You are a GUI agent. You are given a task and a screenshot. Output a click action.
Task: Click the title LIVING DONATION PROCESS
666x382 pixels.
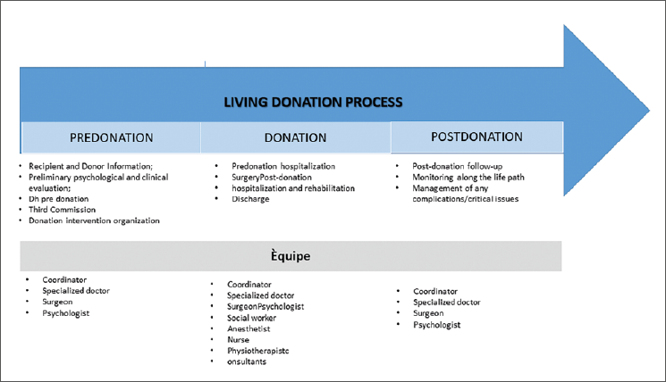[313, 102]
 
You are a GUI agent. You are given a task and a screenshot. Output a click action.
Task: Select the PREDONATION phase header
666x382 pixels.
[111, 137]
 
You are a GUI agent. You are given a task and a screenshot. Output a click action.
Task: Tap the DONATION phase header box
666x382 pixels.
[296, 137]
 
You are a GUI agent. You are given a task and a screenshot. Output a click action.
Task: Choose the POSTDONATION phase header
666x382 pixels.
[477, 137]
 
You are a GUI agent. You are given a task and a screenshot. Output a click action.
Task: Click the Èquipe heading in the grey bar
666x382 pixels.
[291, 256]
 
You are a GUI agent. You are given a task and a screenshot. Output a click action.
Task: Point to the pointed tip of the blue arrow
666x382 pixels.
[649, 111]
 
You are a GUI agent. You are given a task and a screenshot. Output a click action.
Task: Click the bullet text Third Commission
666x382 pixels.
[62, 210]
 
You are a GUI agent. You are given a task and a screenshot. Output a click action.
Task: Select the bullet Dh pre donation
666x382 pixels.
[59, 199]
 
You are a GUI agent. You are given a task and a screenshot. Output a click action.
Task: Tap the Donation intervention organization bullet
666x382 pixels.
[94, 220]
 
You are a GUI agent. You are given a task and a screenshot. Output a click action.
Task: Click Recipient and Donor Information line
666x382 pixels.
[90, 166]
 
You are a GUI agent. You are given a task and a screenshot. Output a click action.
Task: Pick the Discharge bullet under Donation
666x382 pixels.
[250, 199]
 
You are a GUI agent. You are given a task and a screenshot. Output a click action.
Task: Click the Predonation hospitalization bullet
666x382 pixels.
[283, 166]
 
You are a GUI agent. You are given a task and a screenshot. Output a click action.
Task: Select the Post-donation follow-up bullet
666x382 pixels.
[458, 166]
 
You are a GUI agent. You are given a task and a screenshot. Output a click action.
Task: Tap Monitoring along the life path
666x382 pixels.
[468, 178]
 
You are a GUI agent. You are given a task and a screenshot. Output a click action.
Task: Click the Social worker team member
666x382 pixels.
[251, 318]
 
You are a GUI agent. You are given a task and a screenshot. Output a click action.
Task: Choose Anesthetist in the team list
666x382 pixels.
[249, 328]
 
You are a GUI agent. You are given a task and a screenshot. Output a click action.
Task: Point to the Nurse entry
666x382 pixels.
[239, 339]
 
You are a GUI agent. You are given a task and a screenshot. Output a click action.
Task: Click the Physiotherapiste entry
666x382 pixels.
[257, 351]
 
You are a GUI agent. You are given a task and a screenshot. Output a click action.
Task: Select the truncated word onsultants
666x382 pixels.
[247, 361]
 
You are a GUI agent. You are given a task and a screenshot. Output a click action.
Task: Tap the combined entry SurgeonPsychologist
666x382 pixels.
[266, 306]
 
